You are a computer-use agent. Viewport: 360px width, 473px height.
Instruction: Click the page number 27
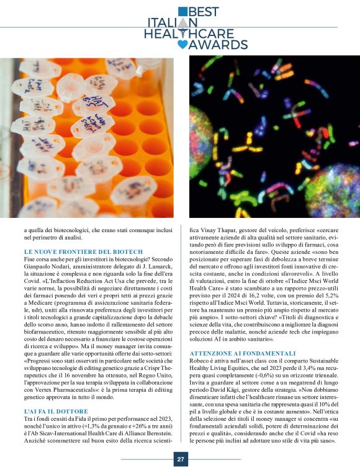point(181,459)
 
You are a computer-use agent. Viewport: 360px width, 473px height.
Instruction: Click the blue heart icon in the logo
point(182,44)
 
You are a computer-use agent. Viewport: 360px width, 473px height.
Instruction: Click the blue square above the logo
point(182,11)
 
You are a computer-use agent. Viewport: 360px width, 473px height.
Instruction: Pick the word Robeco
point(202,362)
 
